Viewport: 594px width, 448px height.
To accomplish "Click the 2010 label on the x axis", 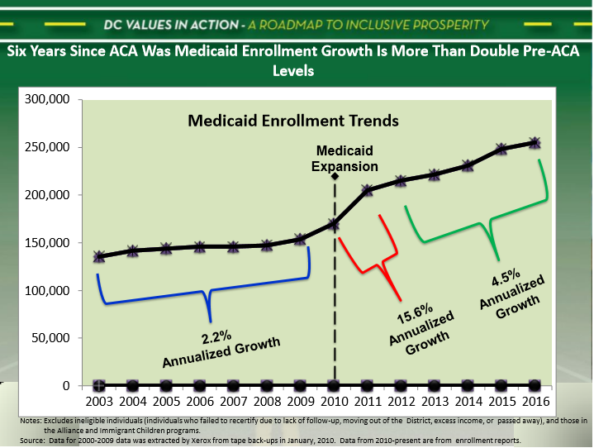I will (x=334, y=403).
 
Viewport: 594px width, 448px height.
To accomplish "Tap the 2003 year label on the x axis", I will (x=98, y=403).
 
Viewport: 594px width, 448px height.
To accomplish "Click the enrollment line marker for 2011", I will (x=368, y=190).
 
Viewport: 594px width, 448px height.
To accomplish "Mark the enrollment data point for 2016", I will (x=535, y=143).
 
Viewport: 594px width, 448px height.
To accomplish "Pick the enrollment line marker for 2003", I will (x=99, y=256).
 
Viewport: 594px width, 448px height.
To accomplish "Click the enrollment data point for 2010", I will (x=334, y=223).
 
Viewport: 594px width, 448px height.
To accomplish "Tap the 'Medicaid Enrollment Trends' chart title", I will (x=293, y=121).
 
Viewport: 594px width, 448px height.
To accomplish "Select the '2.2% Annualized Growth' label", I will (x=220, y=347).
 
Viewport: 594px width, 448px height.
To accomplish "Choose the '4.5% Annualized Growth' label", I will (x=512, y=290).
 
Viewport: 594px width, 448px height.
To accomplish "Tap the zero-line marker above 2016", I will (x=535, y=385).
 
